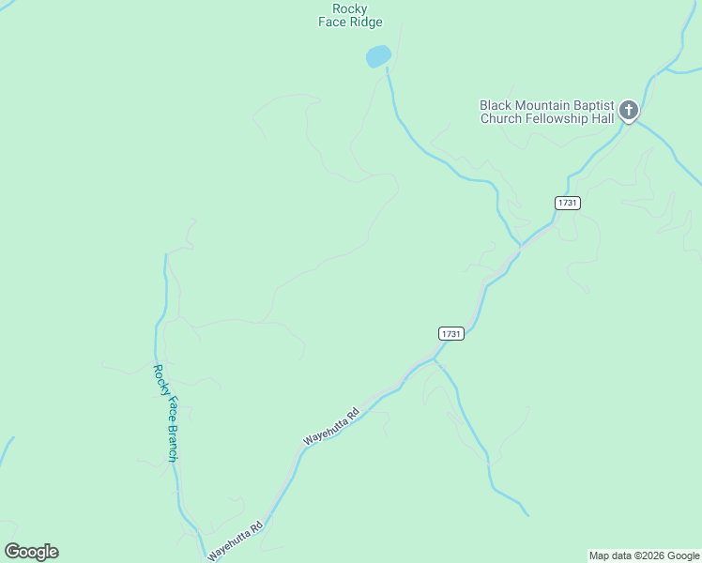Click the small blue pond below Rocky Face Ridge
tap(377, 56)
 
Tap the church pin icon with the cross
tap(628, 112)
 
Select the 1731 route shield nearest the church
tap(567, 203)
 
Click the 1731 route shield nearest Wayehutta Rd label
tap(450, 333)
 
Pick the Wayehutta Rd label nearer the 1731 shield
tap(331, 426)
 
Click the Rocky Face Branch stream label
tap(166, 413)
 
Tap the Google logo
tap(31, 552)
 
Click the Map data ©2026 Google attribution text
tap(645, 555)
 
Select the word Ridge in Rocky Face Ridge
tap(364, 23)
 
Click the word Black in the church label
tap(496, 106)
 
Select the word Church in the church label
tap(498, 118)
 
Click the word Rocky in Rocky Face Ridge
tap(350, 9)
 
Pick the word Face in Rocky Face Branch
tap(165, 410)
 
